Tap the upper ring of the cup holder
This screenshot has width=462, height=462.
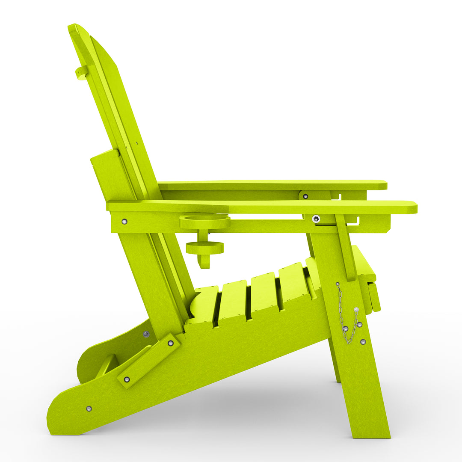[x=204, y=221]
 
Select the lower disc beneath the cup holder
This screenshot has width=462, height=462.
[x=204, y=248]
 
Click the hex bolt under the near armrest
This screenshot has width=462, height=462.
[x=316, y=219]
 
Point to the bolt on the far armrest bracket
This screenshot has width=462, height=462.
[x=305, y=196]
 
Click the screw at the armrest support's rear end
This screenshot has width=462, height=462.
[x=124, y=221]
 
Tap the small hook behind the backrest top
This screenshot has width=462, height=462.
[x=81, y=73]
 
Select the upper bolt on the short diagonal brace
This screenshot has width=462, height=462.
[x=170, y=343]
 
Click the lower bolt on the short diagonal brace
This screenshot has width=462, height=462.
[x=127, y=379]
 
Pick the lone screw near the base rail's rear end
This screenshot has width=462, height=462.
[x=89, y=409]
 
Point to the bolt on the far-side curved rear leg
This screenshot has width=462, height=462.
[x=146, y=334]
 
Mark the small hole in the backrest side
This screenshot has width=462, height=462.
[x=136, y=144]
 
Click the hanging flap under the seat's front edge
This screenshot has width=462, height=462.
[x=374, y=297]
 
